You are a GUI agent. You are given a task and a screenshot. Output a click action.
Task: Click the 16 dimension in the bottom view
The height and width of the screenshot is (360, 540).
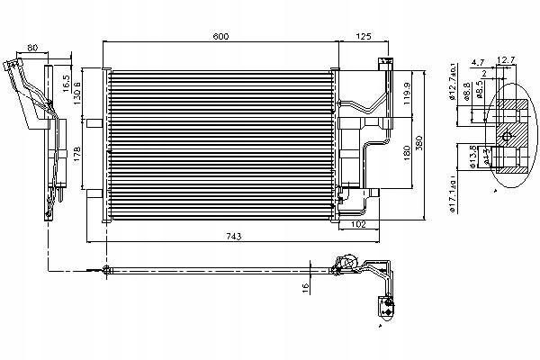point(307,287)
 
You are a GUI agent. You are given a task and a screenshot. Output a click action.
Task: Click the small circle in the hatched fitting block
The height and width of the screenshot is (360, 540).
point(507,137)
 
